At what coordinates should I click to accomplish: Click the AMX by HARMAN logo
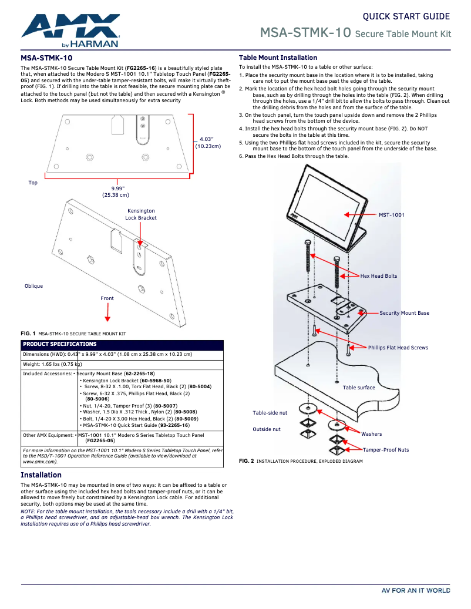pos(70,30)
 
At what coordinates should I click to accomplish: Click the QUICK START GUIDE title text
pos(406,16)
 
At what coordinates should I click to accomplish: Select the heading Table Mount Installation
pos(278,58)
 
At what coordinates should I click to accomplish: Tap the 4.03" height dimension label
pos(208,142)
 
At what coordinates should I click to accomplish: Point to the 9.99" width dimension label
pos(116,191)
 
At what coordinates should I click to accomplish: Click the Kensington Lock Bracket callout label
pos(141,214)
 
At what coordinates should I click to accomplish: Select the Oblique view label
pos(33,286)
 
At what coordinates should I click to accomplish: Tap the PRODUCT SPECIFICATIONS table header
pos(59,344)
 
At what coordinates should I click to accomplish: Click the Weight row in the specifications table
pos(52,364)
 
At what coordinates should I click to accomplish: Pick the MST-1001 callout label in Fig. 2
pos(391,215)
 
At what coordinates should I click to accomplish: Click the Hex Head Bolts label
pos(378,276)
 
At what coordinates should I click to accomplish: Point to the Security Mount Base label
pos(404,313)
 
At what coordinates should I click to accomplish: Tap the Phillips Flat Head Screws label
pos(398,348)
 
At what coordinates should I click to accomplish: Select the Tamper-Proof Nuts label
pos(386,450)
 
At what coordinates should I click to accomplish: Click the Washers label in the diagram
pos(371,434)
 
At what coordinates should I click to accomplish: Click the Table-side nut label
pos(270,413)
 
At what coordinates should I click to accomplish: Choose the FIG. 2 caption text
pos(301,462)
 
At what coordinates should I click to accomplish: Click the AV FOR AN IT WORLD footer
pos(415,591)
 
